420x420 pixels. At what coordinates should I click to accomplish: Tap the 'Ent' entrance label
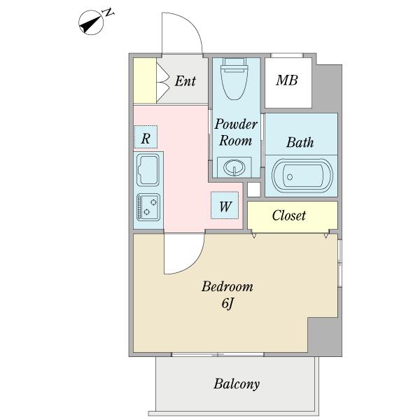(185, 81)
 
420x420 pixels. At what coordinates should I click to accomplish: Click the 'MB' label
(286, 80)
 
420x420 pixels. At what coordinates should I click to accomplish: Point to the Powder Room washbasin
(234, 167)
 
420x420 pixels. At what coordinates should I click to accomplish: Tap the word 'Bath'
(300, 143)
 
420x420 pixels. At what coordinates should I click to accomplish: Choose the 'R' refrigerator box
(146, 138)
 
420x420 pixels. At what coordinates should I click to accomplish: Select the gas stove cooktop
(148, 206)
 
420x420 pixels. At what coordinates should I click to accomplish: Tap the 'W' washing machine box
(225, 206)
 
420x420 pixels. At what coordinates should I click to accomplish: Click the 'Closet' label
(289, 216)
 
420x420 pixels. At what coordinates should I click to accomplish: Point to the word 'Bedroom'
(227, 287)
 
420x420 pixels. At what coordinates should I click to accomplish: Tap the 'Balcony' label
(237, 384)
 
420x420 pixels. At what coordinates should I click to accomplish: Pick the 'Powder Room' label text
(236, 132)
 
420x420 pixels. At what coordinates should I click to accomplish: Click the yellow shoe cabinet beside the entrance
(144, 81)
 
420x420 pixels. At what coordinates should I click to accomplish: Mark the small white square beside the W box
(253, 190)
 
